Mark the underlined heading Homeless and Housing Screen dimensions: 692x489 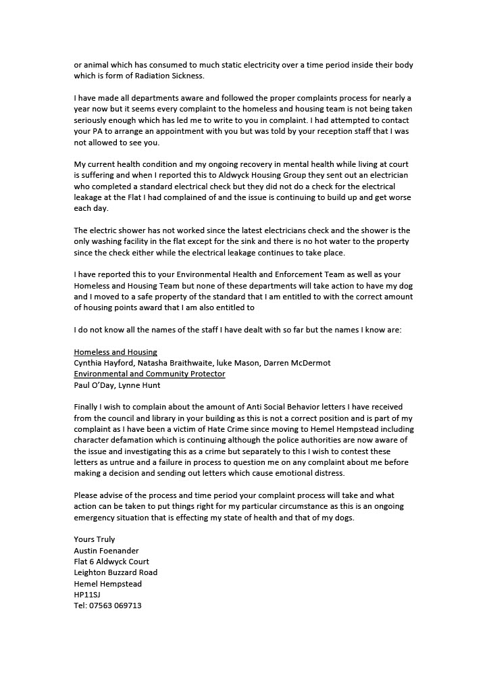point(115,352)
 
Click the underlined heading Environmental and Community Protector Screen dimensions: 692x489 point(149,374)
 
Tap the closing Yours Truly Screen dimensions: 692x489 point(95,539)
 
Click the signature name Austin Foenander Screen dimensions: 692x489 point(106,551)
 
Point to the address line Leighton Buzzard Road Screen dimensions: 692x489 point(115,572)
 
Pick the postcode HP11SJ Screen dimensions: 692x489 point(87,595)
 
